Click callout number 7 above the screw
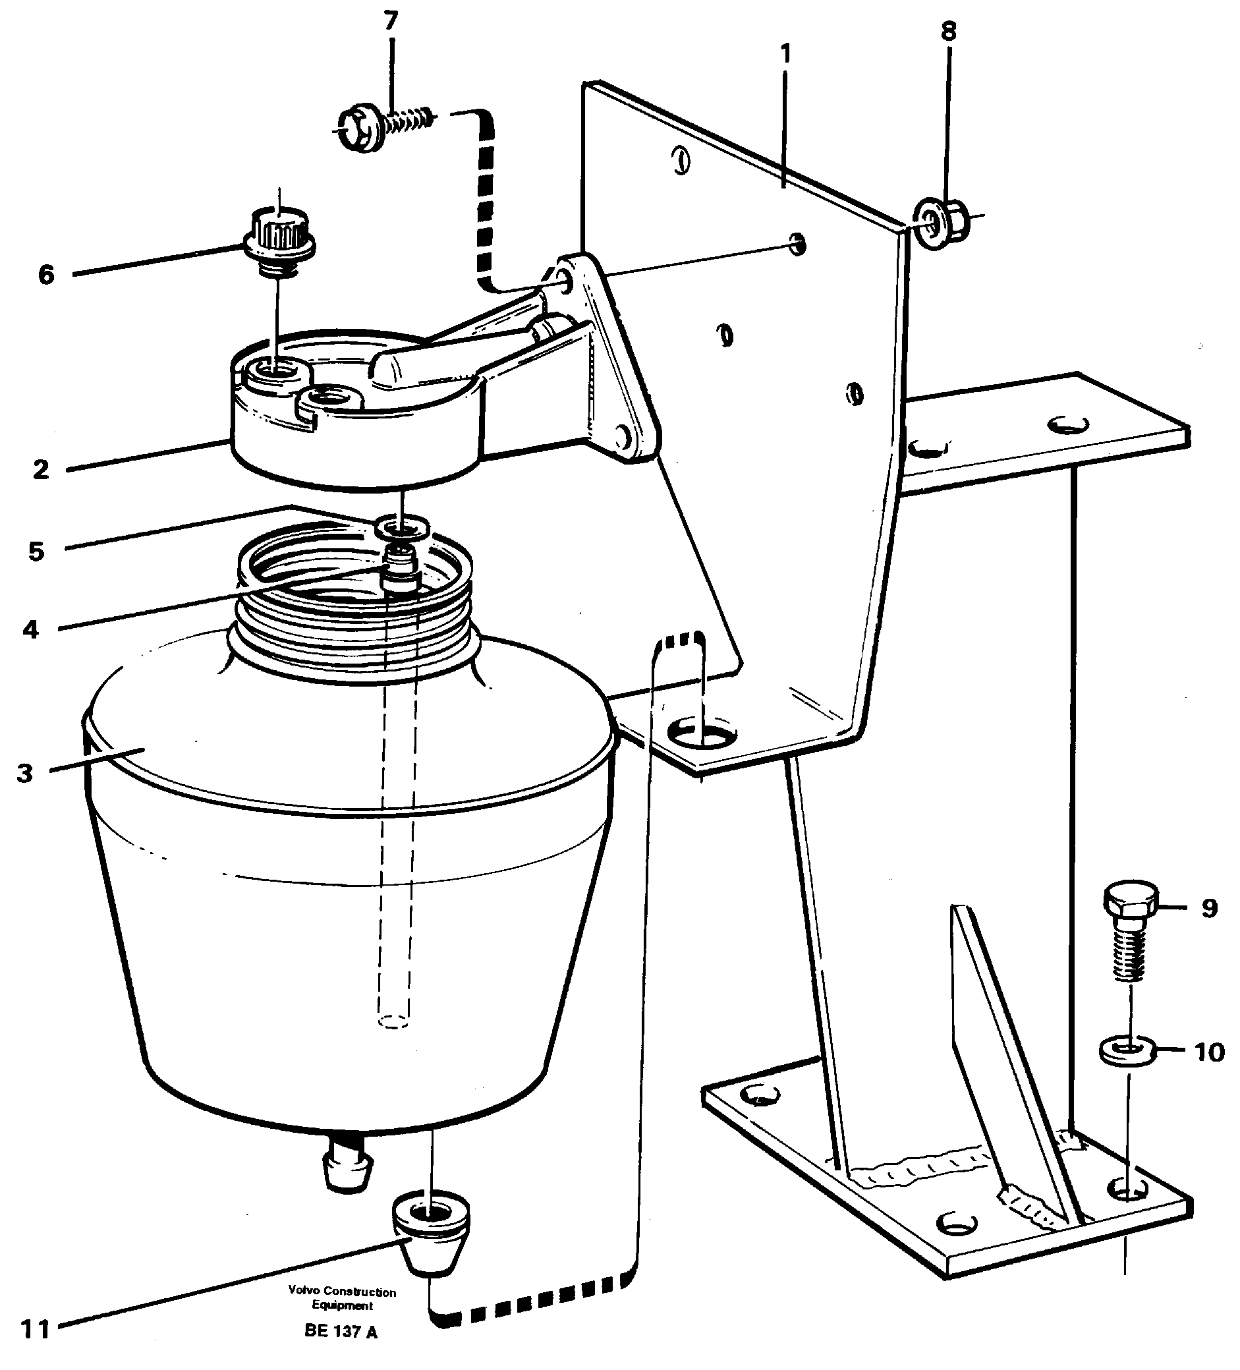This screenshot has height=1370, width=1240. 390,22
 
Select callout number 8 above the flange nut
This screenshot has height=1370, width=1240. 949,31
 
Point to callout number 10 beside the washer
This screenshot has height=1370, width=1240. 1210,1052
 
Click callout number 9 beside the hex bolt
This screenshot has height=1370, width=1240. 1210,909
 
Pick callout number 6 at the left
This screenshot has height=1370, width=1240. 45,275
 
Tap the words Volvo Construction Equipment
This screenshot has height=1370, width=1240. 342,1299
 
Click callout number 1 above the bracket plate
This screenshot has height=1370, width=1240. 785,53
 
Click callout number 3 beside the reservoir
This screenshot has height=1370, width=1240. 25,774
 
